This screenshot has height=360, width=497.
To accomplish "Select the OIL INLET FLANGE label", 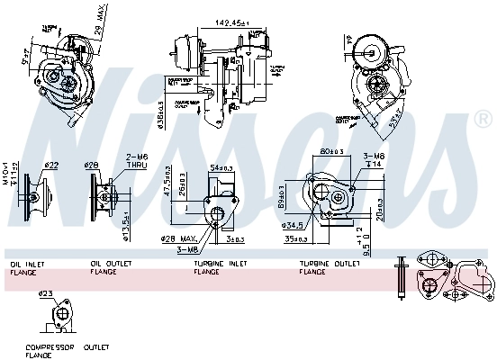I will pyautogui.click(x=27, y=267).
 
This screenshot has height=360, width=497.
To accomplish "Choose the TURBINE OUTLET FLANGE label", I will pyautogui.click(x=325, y=267).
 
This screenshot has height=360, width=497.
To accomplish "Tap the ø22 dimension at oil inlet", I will pyautogui.click(x=51, y=165).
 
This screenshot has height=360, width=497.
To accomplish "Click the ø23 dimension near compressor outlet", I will pyautogui.click(x=44, y=292).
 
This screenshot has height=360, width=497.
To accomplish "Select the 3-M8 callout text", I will pyautogui.click(x=188, y=248).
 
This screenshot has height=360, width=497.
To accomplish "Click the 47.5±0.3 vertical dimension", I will pyautogui.click(x=168, y=185).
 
